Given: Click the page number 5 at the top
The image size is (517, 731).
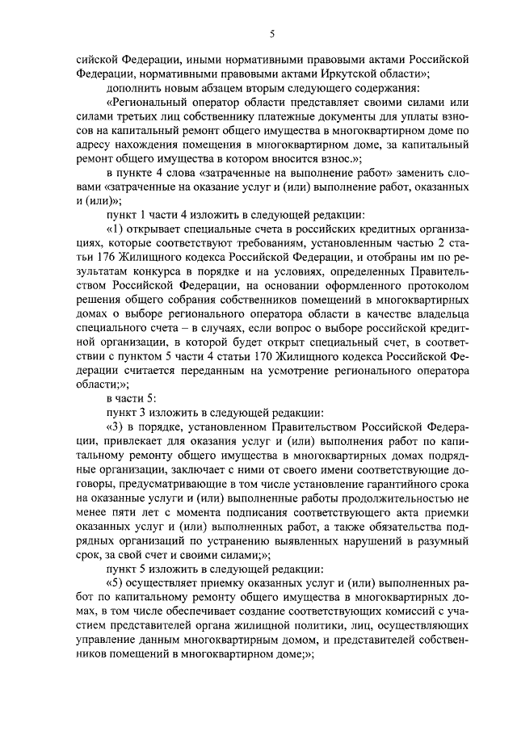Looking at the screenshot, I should pos(271,33).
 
